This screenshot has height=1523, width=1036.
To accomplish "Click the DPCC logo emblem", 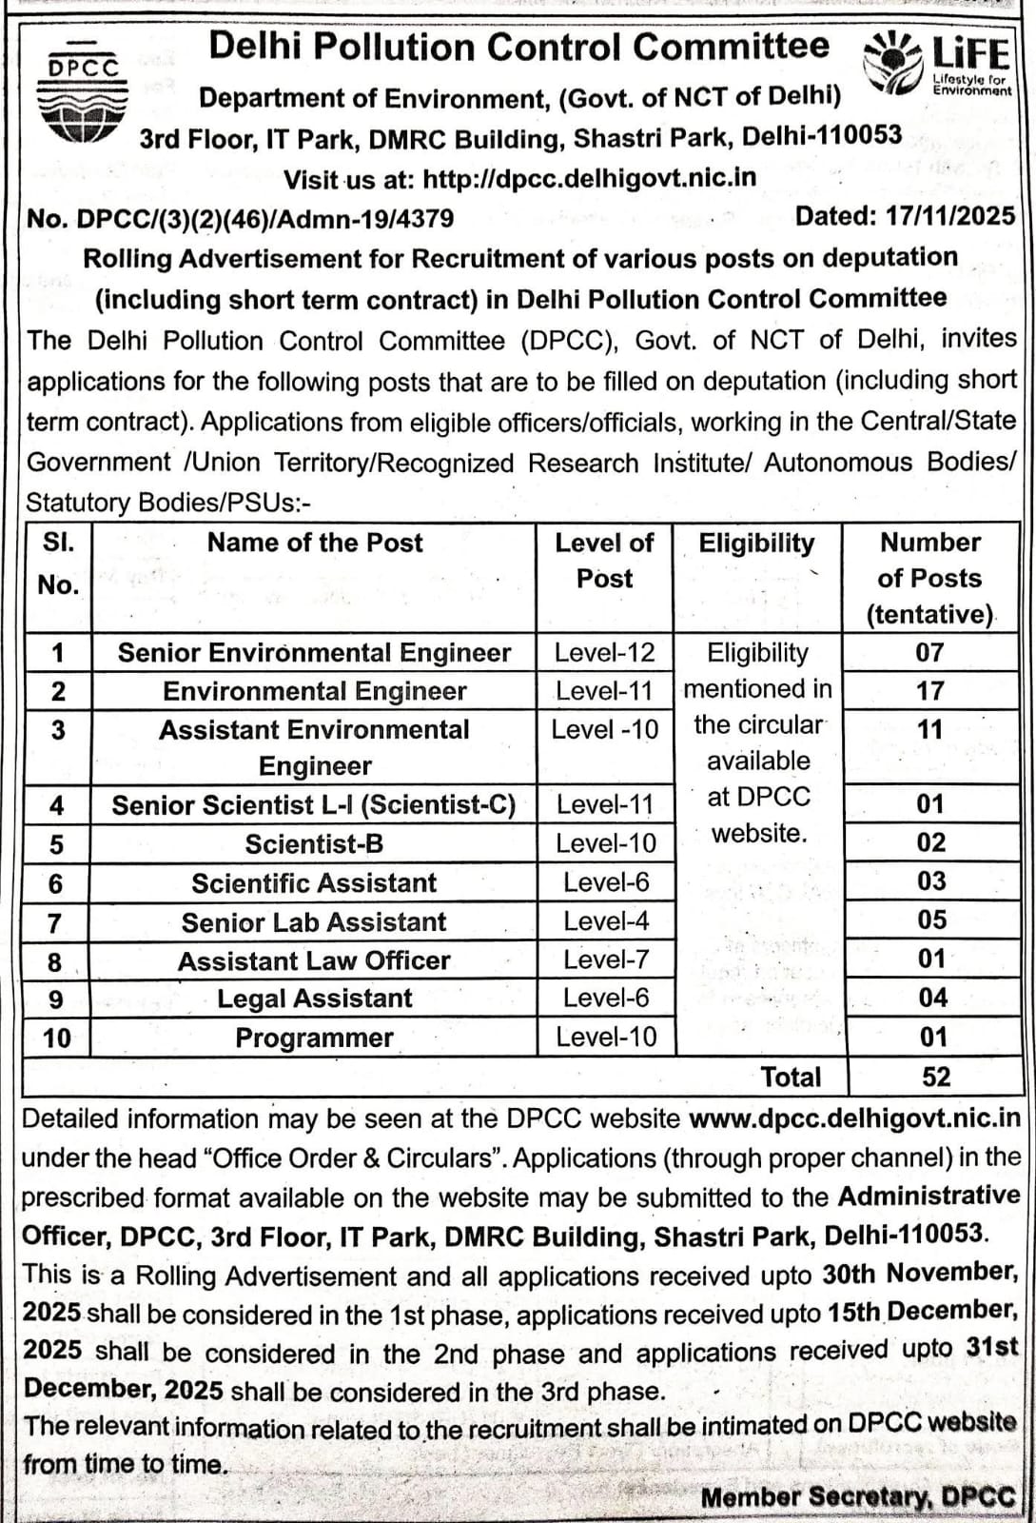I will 84,96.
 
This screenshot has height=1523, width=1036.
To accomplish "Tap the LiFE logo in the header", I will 938,63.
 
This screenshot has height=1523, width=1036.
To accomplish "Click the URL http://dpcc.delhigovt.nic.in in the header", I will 590,178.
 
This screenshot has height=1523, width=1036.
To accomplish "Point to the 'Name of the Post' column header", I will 315,543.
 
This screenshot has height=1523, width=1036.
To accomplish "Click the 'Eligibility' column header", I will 757,544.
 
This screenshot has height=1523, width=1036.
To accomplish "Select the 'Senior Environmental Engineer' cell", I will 314,653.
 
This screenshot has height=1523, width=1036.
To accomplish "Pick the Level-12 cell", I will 605,653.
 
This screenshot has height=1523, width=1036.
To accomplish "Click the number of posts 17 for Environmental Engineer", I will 930,690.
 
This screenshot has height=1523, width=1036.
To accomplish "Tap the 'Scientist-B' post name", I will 314,844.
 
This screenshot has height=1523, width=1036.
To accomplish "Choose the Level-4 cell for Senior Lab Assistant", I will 606,921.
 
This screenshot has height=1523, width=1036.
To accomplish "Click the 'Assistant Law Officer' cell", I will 314,961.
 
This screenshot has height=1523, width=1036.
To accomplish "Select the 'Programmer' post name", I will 314,1038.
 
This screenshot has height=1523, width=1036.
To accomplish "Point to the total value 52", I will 936,1077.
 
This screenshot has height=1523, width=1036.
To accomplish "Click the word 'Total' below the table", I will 791,1077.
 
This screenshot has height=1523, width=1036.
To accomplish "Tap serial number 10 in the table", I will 57,1038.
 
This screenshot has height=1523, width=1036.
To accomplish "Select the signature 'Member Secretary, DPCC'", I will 857,1497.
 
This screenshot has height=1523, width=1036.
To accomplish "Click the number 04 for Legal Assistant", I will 933,998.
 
